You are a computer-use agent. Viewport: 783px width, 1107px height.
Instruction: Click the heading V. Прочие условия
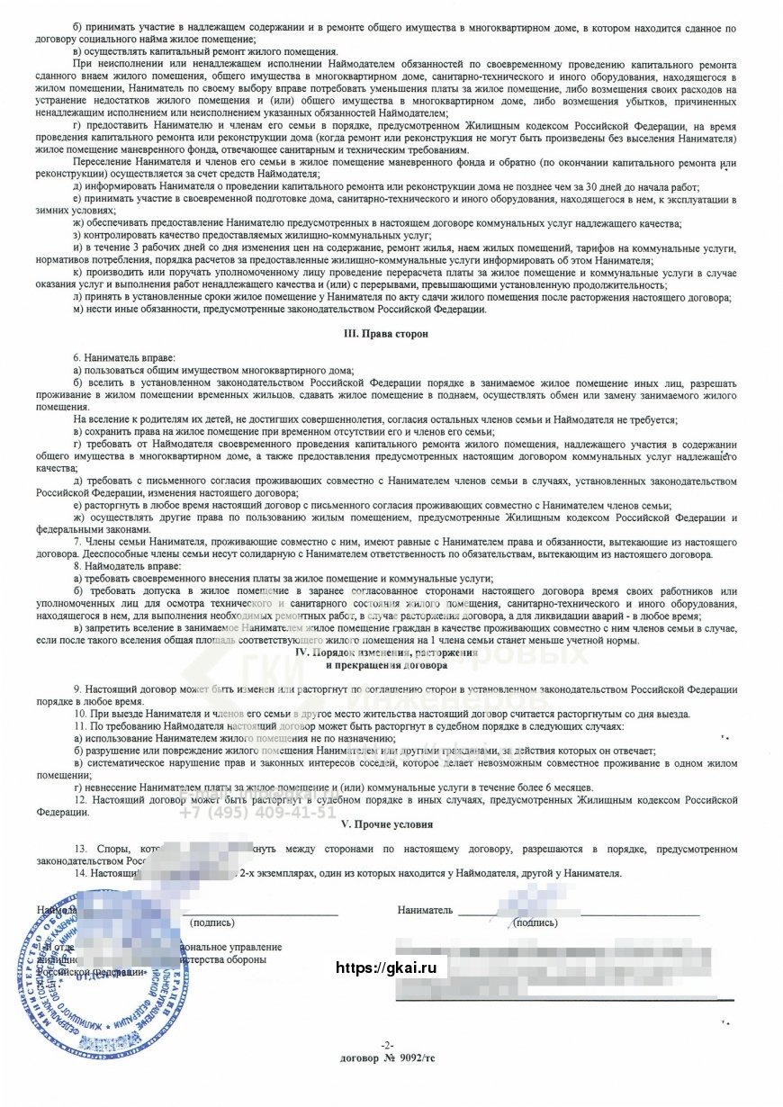pyautogui.click(x=387, y=823)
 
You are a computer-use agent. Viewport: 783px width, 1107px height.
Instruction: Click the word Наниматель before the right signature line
pyautogui.click(x=425, y=910)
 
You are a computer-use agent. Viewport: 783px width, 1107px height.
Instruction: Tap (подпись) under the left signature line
pyautogui.click(x=212, y=922)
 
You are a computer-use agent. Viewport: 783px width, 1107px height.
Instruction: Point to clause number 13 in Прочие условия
pyautogui.click(x=81, y=849)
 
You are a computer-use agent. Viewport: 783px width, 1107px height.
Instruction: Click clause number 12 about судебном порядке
pyautogui.click(x=81, y=798)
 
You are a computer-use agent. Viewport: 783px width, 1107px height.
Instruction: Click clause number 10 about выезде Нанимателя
pyautogui.click(x=81, y=714)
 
